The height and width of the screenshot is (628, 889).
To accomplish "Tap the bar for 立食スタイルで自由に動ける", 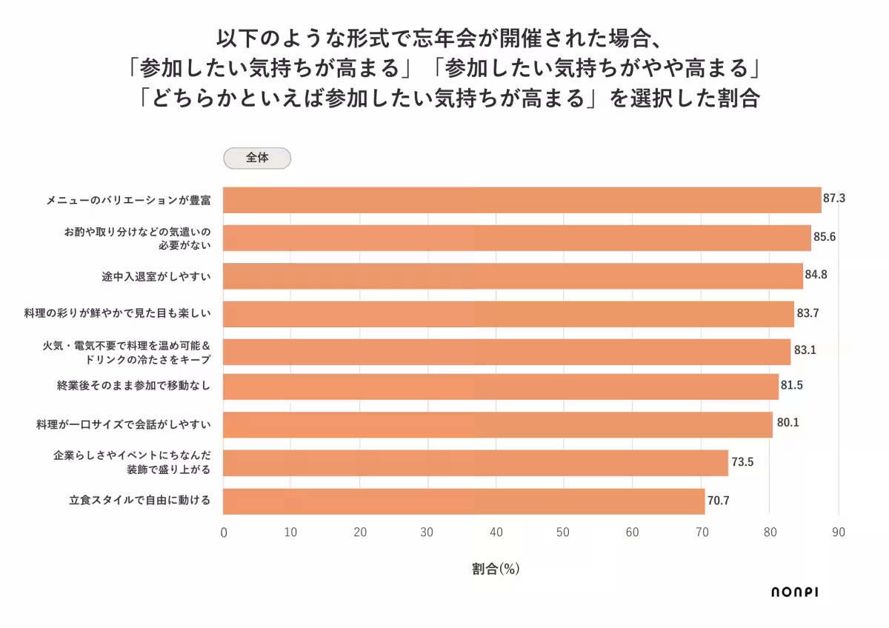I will pos(464,501).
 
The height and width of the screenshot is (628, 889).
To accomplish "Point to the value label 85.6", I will pos(825,238).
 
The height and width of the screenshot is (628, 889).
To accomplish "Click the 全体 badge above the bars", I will pos(257,158).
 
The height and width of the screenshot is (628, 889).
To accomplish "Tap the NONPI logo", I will pos(794,592).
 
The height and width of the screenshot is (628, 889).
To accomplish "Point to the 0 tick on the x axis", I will pos(224,532).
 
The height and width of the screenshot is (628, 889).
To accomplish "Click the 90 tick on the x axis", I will pos(838,532).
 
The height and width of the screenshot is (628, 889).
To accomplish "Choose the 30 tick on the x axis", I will pos(427,532).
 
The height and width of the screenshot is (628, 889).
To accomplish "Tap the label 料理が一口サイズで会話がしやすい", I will pos(124,424).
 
